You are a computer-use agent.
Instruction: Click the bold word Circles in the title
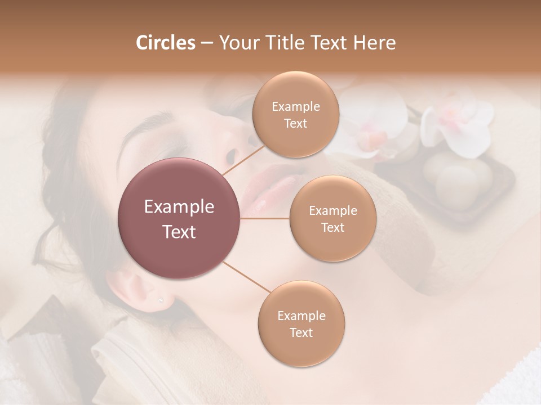click(x=165, y=43)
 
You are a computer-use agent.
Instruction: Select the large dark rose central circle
click(x=179, y=218)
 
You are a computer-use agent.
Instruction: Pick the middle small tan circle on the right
click(x=332, y=219)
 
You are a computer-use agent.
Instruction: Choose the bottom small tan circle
click(x=301, y=324)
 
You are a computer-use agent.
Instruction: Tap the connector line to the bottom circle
click(x=246, y=277)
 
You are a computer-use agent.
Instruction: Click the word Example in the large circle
click(x=179, y=207)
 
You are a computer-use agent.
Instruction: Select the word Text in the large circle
click(x=179, y=232)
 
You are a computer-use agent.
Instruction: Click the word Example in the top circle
click(x=295, y=107)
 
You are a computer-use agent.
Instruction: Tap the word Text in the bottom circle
click(x=301, y=332)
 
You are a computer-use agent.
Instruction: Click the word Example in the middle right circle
click(x=332, y=211)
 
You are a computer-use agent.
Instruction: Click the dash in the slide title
click(x=206, y=43)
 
